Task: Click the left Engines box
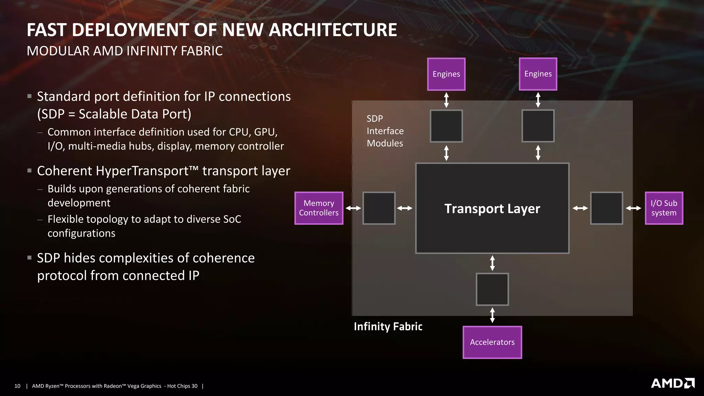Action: point(446,74)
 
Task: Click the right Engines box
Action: point(538,74)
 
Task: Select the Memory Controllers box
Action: point(319,208)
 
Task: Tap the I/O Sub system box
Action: point(664,208)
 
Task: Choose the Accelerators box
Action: point(492,342)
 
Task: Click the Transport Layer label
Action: point(492,209)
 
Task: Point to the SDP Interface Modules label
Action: point(385,131)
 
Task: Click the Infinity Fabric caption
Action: point(388,326)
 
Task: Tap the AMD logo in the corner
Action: point(673,383)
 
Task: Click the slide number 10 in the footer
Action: point(18,386)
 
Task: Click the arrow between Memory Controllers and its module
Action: point(353,208)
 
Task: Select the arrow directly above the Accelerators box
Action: point(492,315)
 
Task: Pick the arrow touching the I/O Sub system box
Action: point(634,208)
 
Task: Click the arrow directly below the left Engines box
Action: point(446,100)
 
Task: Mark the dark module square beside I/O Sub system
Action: point(607,208)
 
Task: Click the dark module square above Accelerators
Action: point(492,289)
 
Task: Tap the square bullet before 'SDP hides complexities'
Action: point(30,257)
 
